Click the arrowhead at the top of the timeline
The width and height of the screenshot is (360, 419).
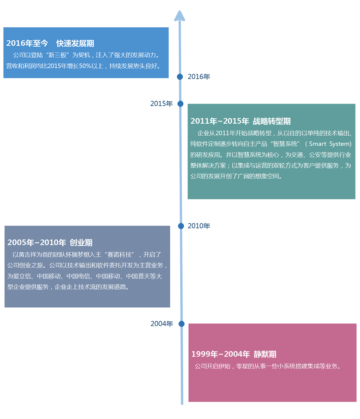pos(180,16)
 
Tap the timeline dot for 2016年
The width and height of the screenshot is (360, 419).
pos(180,77)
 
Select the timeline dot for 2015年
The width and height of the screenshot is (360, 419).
pos(180,104)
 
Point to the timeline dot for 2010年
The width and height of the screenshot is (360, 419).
pos(181,226)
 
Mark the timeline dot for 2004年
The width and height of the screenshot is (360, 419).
pos(181,324)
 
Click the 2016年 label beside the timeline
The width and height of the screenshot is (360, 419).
pos(199,77)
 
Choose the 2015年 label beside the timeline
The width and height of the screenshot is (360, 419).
pos(162,104)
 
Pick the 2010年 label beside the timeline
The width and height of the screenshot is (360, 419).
pos(199,226)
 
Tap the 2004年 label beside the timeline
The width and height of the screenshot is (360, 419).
pos(162,324)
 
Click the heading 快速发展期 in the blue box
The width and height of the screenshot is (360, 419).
pos(75,43)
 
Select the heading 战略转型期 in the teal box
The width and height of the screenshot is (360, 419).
pos(272,121)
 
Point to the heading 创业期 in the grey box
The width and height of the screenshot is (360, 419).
pos(81,242)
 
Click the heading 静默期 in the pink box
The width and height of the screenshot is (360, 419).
pos(265,354)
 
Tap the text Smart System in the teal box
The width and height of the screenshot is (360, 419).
pos(330,144)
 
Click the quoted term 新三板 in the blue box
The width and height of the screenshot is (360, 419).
pos(57,55)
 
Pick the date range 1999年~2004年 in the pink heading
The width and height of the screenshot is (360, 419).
pos(220,354)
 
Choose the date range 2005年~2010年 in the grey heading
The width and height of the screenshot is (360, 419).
pos(37,242)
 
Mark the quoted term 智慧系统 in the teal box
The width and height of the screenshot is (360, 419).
pos(285,144)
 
